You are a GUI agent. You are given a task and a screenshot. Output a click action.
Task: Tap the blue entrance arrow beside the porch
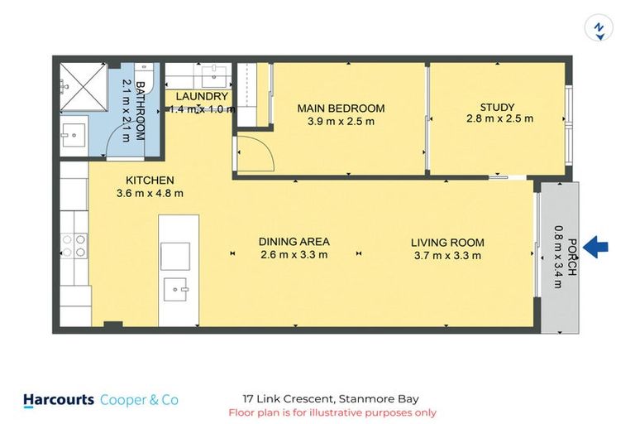(x=596, y=246)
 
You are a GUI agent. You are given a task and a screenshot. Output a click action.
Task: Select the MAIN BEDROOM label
(x=341, y=108)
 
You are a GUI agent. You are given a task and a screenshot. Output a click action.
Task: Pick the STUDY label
(x=497, y=107)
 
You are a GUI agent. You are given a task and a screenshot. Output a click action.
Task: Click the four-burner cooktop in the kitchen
(x=74, y=246)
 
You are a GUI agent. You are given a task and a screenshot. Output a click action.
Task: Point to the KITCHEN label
(x=149, y=180)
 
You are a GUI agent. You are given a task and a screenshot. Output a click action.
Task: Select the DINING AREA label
(x=294, y=241)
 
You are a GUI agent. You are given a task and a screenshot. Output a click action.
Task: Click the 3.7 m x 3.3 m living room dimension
(x=447, y=255)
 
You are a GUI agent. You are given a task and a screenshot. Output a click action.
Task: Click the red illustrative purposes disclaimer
(x=332, y=412)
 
